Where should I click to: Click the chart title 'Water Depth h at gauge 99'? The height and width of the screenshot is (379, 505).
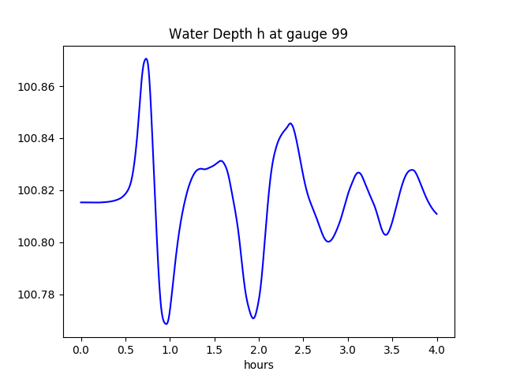258,34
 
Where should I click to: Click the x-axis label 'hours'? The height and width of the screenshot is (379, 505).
258,365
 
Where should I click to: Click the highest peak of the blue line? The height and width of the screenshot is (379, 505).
146,58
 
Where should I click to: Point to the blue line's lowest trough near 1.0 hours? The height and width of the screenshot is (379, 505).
166,324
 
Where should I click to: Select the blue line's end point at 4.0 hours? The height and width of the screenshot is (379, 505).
436,214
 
